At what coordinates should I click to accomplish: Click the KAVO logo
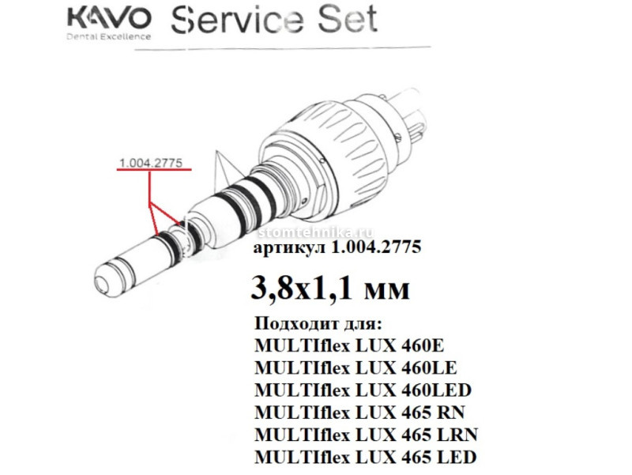(x=109, y=19)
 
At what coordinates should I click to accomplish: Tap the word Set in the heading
(x=348, y=19)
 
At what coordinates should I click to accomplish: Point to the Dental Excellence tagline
(x=108, y=36)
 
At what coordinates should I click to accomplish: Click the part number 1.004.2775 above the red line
(x=151, y=163)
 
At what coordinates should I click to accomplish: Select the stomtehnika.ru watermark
(x=315, y=232)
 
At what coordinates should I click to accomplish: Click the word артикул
(x=289, y=247)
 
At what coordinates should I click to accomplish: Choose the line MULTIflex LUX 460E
(x=349, y=345)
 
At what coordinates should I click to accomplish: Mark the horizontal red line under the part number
(x=154, y=170)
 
